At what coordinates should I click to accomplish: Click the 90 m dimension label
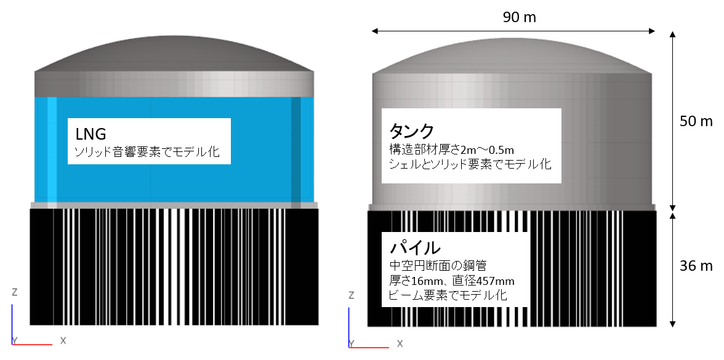pos(520,17)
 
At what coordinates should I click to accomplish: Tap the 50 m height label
pos(696,121)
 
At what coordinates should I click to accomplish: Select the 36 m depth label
pos(696,266)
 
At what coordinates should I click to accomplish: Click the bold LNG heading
pos(91,134)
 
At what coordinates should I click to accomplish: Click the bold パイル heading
pos(412,247)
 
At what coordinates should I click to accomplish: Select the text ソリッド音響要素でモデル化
pos(147,152)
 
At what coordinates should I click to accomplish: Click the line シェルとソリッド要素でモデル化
pos(470,164)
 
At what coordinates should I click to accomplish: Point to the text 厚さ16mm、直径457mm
pos(452,281)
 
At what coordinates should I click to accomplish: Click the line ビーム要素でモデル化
pos(448,295)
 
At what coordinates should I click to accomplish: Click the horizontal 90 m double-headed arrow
pos(513,31)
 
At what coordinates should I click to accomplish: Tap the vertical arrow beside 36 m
pos(673,270)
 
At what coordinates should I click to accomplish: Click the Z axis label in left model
pos(15,292)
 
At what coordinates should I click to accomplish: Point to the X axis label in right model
pos(400,343)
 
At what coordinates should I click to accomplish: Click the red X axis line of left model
pos(32,345)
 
